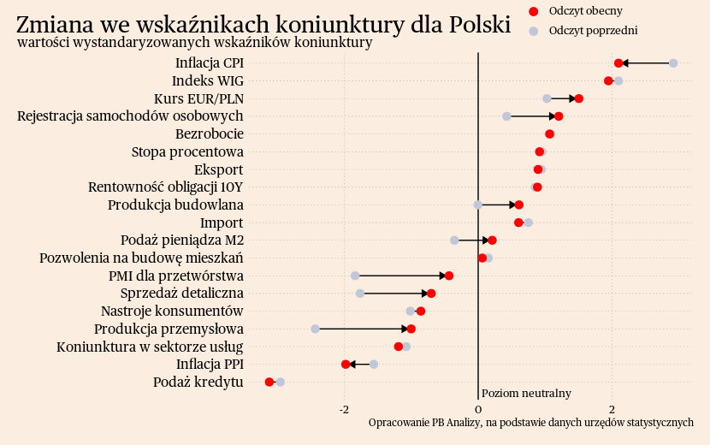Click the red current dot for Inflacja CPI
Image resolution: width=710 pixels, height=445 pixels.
coord(618,63)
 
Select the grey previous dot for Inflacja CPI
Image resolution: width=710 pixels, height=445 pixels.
coord(673,63)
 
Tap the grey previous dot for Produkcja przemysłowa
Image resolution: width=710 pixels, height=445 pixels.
coord(315,329)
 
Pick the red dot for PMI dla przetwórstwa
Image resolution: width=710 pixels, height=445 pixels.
coord(449,276)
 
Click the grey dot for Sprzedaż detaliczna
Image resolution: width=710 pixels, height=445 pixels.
coord(360,294)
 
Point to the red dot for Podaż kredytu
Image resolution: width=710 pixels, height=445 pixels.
coord(269,382)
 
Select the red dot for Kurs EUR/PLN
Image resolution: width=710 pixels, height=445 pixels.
coord(579,98)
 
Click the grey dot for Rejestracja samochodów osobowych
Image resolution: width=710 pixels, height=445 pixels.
coord(506,116)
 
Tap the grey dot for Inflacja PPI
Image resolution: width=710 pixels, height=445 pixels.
coord(374,365)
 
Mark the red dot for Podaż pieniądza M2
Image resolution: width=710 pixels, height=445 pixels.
coord(493,240)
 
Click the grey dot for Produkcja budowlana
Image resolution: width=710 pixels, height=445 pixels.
coord(478,205)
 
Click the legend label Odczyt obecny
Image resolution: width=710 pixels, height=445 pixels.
coord(586,10)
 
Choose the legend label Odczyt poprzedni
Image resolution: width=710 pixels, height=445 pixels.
coord(594,31)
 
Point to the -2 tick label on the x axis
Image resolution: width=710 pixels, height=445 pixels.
coord(345,409)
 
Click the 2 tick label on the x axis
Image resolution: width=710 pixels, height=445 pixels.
coord(612,409)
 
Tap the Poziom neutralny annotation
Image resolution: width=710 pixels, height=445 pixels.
coord(526,393)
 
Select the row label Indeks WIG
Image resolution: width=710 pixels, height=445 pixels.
coord(208,81)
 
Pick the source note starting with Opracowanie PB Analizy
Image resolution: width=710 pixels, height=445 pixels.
coord(530,423)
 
